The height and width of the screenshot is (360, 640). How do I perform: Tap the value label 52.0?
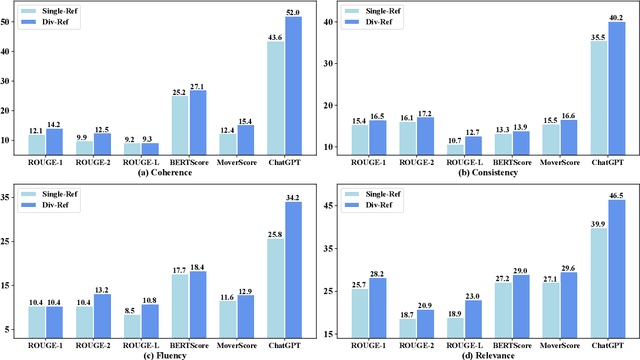(293, 12)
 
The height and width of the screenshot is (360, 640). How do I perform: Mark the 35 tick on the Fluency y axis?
(14, 198)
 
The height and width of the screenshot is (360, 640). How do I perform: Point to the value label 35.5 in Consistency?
(597, 37)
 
